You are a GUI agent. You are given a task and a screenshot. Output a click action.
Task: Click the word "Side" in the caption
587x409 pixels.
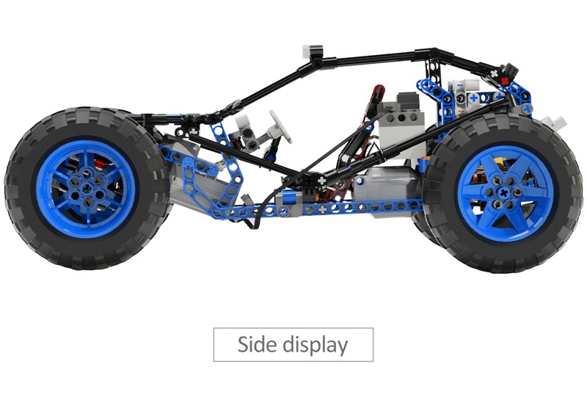click(258, 344)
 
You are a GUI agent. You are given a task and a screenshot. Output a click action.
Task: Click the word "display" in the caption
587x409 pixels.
click(316, 345)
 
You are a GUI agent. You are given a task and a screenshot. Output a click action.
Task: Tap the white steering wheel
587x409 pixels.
click(280, 126)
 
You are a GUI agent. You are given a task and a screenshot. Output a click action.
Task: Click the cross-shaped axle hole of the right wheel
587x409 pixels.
click(503, 193)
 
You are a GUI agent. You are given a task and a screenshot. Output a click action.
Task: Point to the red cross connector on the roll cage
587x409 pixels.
click(505, 81)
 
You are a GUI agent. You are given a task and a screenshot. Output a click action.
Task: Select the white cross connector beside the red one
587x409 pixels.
click(495, 73)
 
